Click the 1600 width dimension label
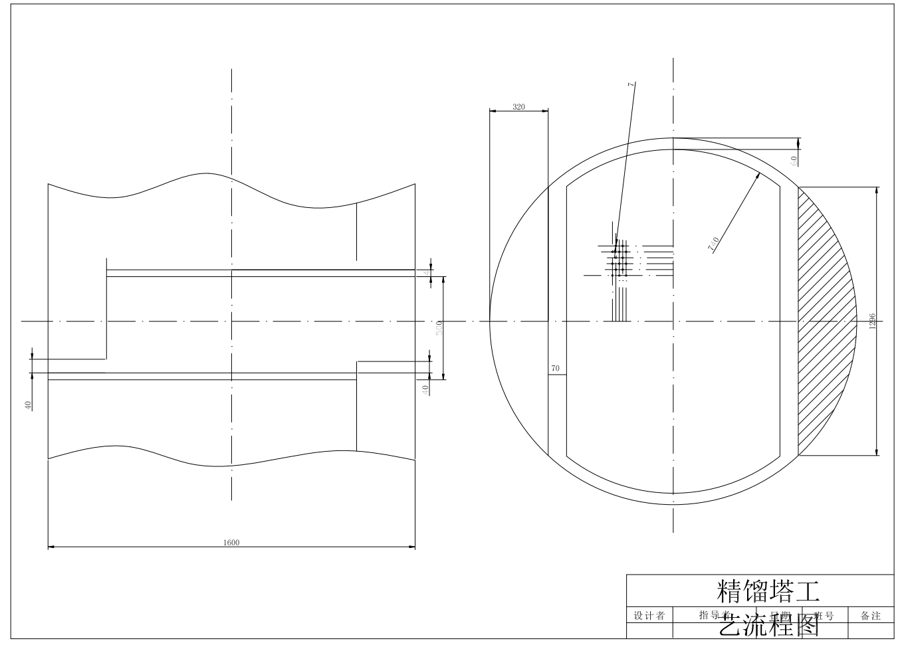click(x=231, y=542)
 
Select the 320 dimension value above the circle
click(x=518, y=106)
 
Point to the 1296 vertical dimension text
click(x=872, y=321)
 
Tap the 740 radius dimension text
click(x=713, y=244)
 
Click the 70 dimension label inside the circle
click(x=556, y=368)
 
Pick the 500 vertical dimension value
click(x=439, y=327)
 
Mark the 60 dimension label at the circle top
click(x=794, y=160)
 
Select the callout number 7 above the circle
click(x=631, y=84)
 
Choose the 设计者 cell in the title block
click(x=649, y=616)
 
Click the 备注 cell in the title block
click(x=871, y=616)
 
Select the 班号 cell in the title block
click(x=824, y=616)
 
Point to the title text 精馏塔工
click(x=768, y=589)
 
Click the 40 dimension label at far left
click(x=28, y=405)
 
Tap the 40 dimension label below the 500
click(x=425, y=390)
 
